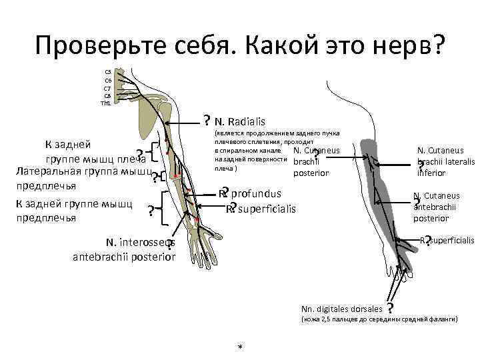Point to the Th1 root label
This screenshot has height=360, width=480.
click(x=106, y=103)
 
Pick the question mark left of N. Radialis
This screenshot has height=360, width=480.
click(x=207, y=121)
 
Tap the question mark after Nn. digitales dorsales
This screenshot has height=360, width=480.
click(x=390, y=308)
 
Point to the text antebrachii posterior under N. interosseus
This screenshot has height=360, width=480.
click(x=124, y=257)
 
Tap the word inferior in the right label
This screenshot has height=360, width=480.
click(x=431, y=173)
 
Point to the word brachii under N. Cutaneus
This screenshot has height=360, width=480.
click(x=307, y=161)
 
